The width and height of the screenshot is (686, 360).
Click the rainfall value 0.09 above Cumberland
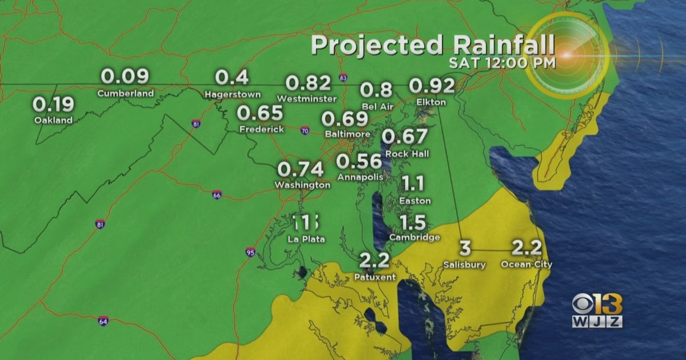click(x=125, y=77)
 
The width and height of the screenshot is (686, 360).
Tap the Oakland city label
click(x=53, y=120)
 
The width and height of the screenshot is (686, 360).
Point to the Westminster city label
click(x=306, y=98)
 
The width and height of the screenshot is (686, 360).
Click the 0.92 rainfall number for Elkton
click(x=432, y=86)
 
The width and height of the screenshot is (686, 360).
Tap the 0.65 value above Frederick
click(x=260, y=113)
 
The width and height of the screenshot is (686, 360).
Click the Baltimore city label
click(x=346, y=134)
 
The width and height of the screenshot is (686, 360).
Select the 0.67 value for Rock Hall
click(x=404, y=137)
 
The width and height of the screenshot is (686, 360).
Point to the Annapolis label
click(x=360, y=177)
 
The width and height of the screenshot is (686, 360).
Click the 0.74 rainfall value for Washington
click(x=301, y=169)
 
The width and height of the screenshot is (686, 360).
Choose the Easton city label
click(x=414, y=201)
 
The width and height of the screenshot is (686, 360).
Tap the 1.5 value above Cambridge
click(x=413, y=222)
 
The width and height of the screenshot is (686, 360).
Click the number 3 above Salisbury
click(x=465, y=249)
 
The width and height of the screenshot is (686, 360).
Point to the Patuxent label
click(x=375, y=277)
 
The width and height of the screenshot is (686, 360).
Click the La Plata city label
click(x=306, y=239)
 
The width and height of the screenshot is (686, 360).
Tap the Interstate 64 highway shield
click(x=102, y=321)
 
